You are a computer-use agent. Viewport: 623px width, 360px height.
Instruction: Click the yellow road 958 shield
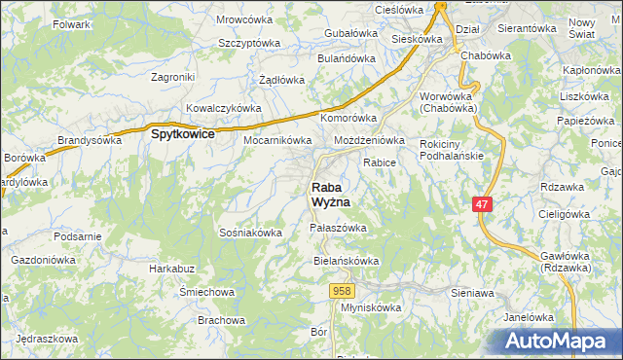click(341, 291)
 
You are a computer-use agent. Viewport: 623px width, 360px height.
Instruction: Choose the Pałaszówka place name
click(337, 228)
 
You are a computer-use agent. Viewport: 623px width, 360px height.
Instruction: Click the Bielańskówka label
click(346, 262)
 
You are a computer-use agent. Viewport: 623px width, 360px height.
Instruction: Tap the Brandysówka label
click(89, 140)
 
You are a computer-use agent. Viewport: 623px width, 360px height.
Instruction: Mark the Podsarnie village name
click(79, 236)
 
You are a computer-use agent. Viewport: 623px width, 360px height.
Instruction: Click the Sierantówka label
click(526, 29)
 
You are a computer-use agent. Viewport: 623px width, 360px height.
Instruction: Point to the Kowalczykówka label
click(224, 108)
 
